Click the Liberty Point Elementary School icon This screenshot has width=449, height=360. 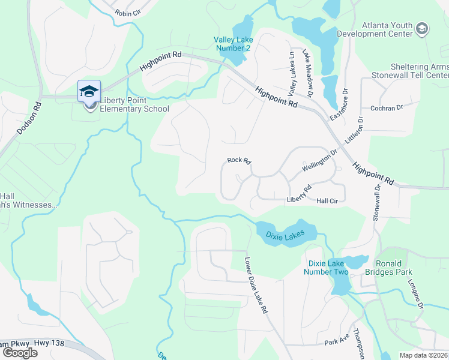click(89, 92)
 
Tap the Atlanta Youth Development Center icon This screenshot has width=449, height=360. click(422, 29)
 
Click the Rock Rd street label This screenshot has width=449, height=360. click(238, 161)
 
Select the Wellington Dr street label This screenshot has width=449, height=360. click(320, 160)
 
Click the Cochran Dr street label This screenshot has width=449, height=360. click(386, 108)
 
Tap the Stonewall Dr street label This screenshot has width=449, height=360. click(378, 201)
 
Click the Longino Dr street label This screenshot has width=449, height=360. click(416, 297)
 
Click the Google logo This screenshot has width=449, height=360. click(20, 353)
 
